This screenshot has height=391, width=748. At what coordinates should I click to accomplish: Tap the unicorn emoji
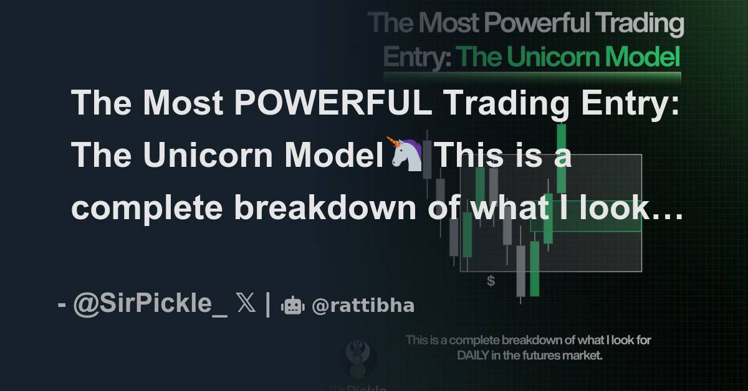(x=406, y=154)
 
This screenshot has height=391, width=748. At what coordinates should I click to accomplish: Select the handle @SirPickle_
(x=150, y=305)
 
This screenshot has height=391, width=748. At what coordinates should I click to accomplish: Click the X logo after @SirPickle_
(x=246, y=305)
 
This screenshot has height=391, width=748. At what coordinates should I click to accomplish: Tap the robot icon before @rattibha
(x=292, y=306)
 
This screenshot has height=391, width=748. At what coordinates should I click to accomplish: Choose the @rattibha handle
(x=363, y=306)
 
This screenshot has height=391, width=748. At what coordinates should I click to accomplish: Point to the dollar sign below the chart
(x=491, y=281)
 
